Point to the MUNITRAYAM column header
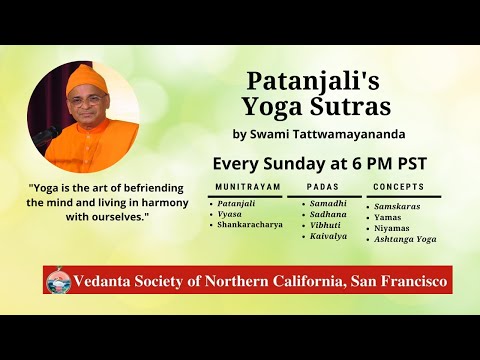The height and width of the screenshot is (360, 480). [x=243, y=187]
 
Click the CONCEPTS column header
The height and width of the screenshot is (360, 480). [x=398, y=187]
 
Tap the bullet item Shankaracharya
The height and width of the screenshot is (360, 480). [x=248, y=226]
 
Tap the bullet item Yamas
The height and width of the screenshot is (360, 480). [x=389, y=217]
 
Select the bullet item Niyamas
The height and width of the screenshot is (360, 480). [x=393, y=229]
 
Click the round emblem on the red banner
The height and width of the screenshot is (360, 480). [x=57, y=280]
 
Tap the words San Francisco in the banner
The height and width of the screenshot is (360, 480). [x=400, y=280]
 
